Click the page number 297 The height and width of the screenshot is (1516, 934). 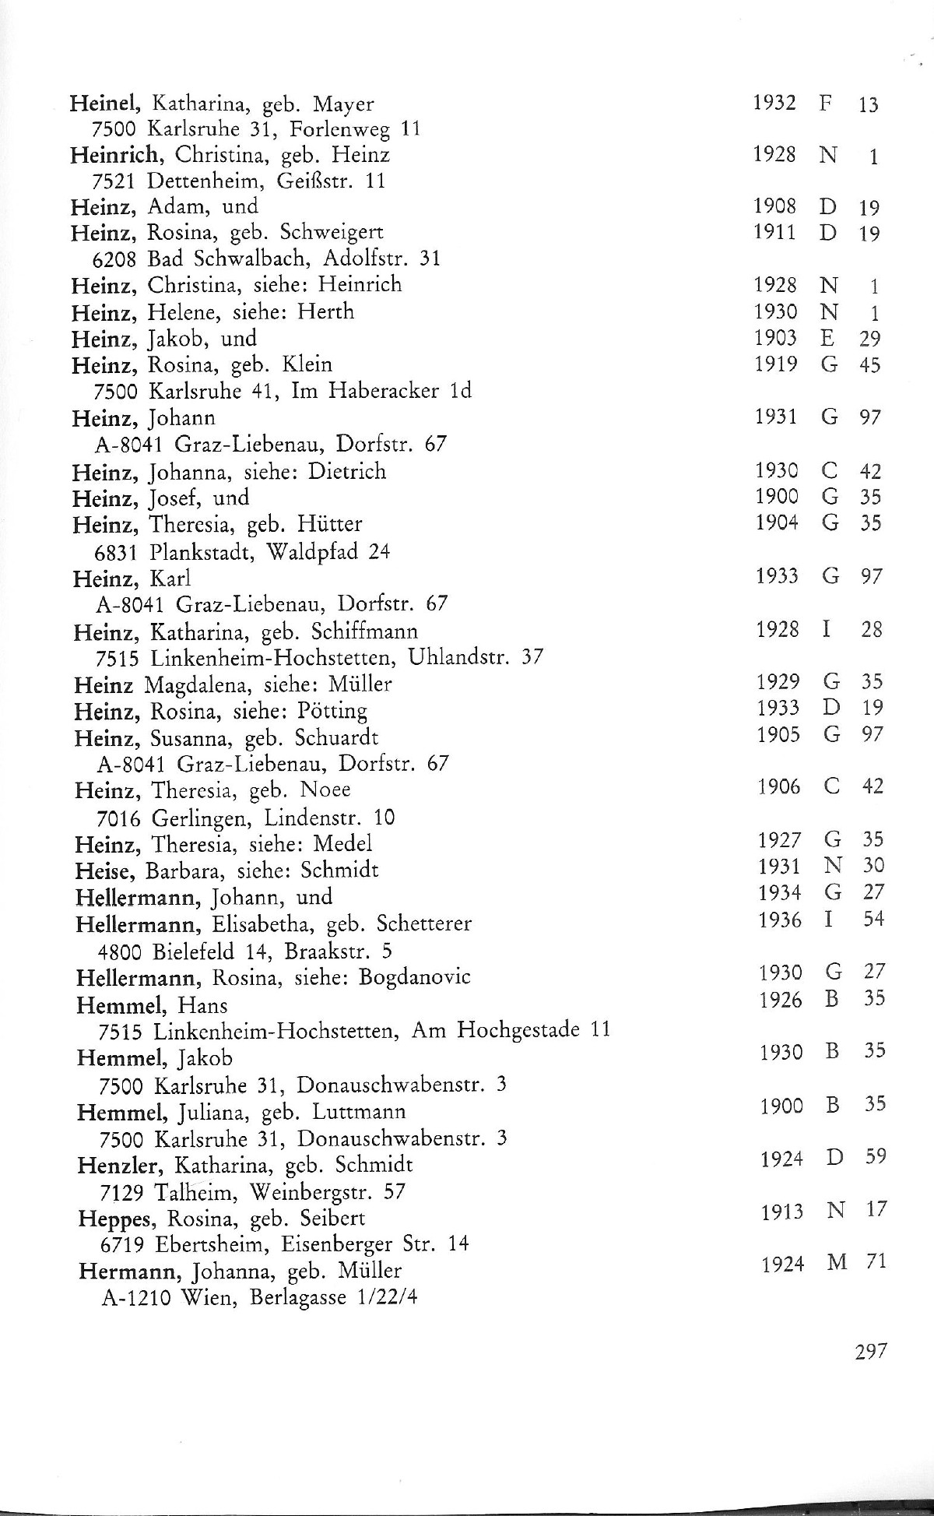click(x=870, y=1351)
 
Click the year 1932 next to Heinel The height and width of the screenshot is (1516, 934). click(x=774, y=103)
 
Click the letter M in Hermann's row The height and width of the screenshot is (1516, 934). click(x=837, y=1263)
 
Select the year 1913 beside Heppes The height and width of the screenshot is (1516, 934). click(x=781, y=1212)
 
